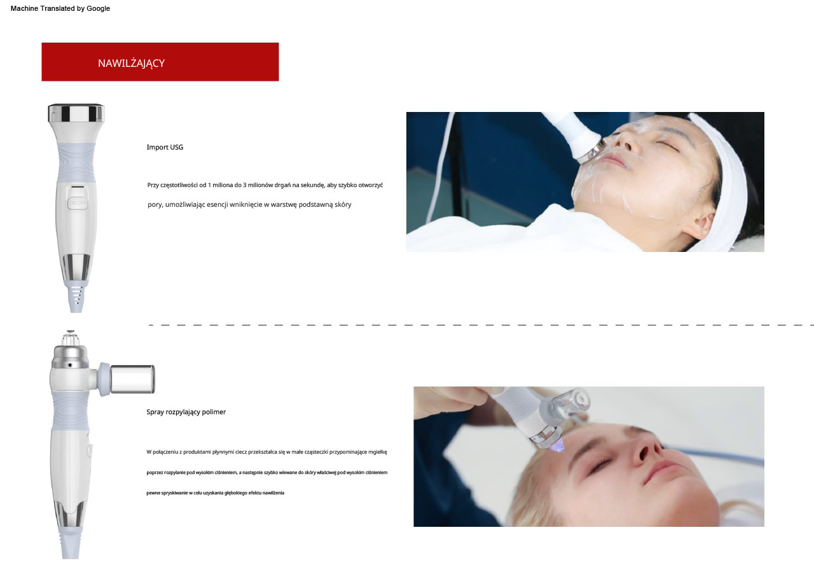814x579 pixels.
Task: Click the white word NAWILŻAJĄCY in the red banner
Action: [x=131, y=63]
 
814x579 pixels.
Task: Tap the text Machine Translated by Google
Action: [x=60, y=8]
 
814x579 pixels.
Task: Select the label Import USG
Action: [x=165, y=148]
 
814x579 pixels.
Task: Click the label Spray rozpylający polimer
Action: [x=186, y=412]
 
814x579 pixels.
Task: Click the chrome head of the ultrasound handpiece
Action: [x=76, y=113]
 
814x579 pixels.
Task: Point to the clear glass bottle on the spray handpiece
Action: [x=132, y=379]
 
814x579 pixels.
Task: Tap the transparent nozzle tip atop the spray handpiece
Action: [x=71, y=338]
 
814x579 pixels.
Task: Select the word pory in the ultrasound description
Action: [x=155, y=205]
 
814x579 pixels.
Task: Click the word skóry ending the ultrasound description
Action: [x=343, y=204]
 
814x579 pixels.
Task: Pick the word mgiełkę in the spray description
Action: [x=378, y=452]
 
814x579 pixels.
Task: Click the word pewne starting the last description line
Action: [x=153, y=493]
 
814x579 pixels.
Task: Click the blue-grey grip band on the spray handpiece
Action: [x=70, y=411]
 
